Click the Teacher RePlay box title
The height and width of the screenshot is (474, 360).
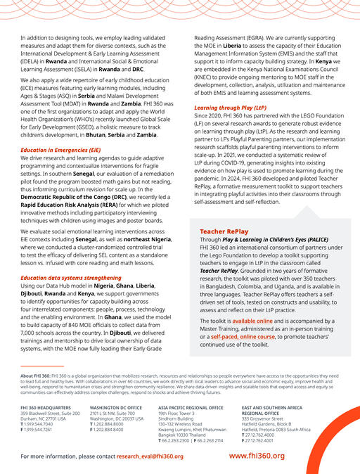coord(224,211)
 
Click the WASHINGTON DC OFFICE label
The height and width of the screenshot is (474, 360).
coord(116,407)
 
